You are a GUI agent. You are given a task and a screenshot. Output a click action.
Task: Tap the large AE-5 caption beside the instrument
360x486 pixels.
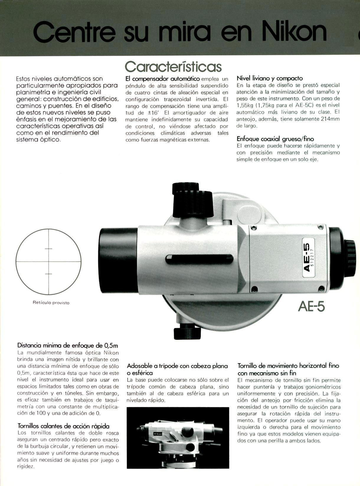coord(311,307)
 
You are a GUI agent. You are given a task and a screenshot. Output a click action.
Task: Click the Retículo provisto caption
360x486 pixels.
coord(51,303)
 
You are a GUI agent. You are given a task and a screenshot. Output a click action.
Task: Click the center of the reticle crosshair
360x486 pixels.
coord(48,261)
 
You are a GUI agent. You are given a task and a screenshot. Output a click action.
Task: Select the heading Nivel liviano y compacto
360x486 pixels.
coord(270,78)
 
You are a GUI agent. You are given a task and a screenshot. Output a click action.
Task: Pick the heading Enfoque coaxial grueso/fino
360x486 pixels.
coord(275,139)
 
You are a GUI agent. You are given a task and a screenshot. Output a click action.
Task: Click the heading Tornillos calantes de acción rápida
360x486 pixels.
coord(63,426)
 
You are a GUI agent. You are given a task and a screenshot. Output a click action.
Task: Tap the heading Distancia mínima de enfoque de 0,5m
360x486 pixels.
coord(68,345)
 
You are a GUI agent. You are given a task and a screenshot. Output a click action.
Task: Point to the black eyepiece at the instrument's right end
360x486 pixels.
coord(344,254)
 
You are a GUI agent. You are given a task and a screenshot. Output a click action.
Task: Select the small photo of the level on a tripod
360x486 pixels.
coord(178,438)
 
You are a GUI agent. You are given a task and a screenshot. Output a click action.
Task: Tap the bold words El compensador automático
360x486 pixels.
coord(163,79)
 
